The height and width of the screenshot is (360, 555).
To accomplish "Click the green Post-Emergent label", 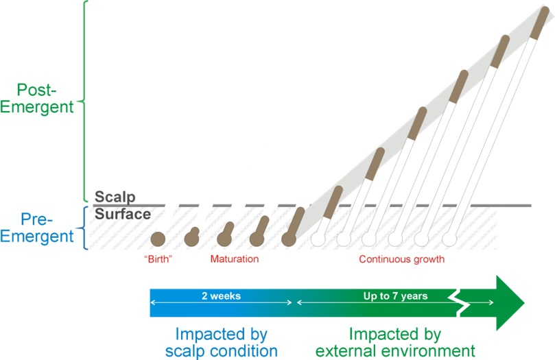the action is pyautogui.click(x=37, y=98).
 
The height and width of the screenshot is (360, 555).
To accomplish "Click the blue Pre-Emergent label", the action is pyautogui.click(x=37, y=228).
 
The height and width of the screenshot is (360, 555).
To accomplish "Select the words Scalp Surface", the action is pyautogui.click(x=123, y=205).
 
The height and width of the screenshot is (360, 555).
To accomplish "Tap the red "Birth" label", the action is pyautogui.click(x=158, y=259).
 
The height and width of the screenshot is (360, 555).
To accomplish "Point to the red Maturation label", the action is pyautogui.click(x=235, y=259).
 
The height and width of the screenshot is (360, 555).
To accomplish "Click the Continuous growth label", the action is pyautogui.click(x=402, y=259).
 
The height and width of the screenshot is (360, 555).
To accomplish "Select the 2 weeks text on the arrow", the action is pyautogui.click(x=221, y=296).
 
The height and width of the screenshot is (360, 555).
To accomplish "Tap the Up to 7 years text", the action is pyautogui.click(x=395, y=296).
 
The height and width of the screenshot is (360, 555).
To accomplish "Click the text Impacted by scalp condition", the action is pyautogui.click(x=221, y=342).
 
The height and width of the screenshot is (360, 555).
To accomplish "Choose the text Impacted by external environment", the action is pyautogui.click(x=395, y=342).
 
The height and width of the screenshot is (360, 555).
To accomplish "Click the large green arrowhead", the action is pyautogui.click(x=510, y=303).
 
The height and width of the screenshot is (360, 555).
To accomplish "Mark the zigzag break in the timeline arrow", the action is pyautogui.click(x=458, y=302).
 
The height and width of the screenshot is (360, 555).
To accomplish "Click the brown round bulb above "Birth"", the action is pyautogui.click(x=158, y=239).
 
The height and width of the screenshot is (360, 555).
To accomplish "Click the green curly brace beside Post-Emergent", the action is pyautogui.click(x=84, y=101).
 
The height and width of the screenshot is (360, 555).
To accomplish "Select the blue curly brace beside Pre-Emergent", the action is pyautogui.click(x=84, y=228).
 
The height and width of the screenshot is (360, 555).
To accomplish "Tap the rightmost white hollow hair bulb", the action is pyautogui.click(x=449, y=239).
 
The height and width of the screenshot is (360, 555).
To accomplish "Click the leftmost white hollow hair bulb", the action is pyautogui.click(x=318, y=239).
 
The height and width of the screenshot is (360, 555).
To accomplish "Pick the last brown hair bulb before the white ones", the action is pyautogui.click(x=289, y=239).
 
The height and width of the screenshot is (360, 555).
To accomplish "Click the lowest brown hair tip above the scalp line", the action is pyautogui.click(x=333, y=202).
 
